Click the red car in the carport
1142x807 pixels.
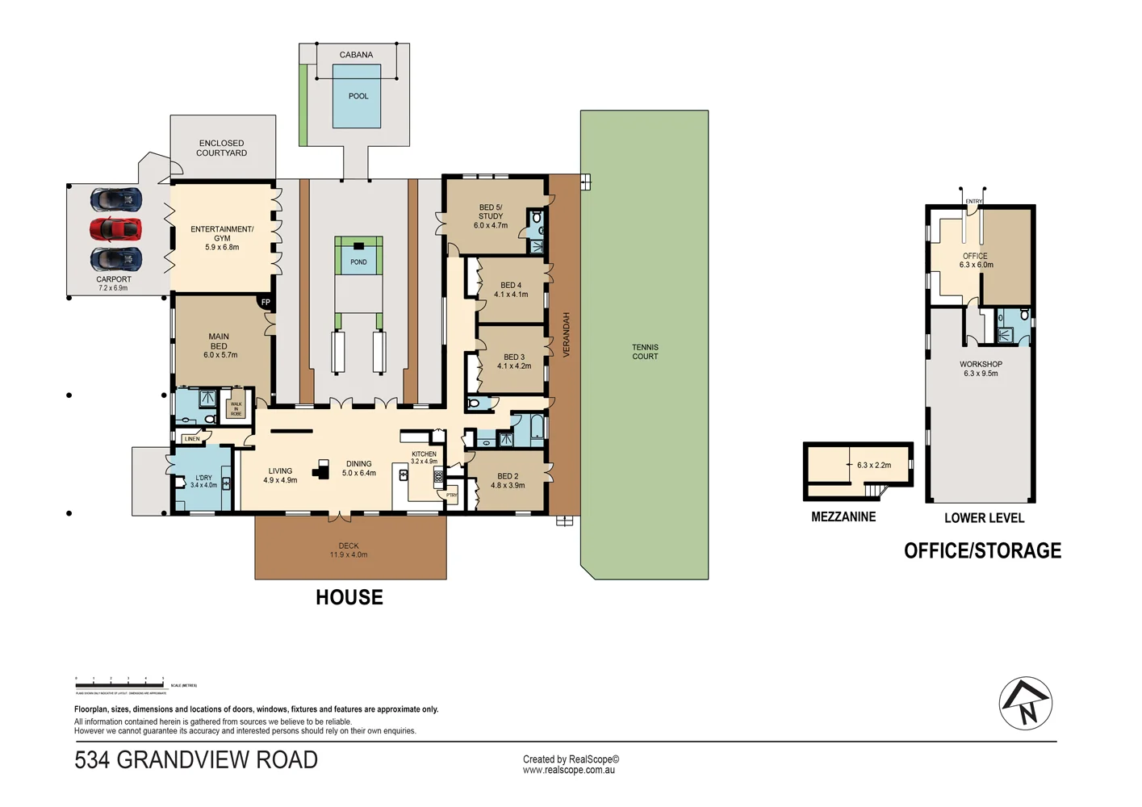[115, 229]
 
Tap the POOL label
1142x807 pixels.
[358, 96]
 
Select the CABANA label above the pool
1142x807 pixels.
[356, 55]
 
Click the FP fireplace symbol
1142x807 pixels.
[266, 303]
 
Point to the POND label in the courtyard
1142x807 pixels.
[358, 262]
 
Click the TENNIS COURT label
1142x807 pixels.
[645, 352]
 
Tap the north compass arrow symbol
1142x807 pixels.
[1026, 703]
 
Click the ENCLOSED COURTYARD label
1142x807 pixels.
[221, 148]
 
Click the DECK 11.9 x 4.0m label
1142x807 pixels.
[349, 550]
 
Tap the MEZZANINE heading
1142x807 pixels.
[843, 516]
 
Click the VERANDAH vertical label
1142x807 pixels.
[567, 335]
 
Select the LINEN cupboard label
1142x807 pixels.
[192, 439]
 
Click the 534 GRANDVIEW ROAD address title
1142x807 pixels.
[196, 759]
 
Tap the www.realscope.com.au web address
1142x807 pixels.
[569, 770]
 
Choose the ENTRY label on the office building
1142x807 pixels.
[974, 201]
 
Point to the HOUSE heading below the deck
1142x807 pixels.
[349, 597]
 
